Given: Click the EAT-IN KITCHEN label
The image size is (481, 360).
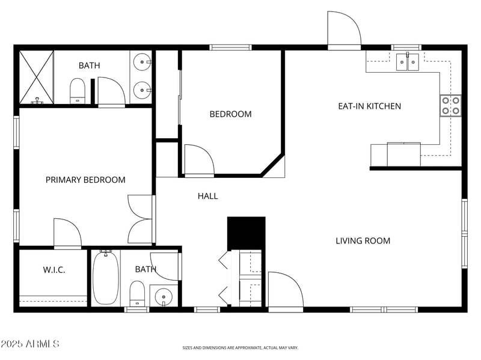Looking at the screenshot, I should (x=369, y=106).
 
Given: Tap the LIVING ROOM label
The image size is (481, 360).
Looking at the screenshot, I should (x=363, y=241).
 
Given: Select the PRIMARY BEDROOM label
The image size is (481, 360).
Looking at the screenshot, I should (x=85, y=180).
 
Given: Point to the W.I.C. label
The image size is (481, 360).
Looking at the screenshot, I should (x=54, y=270).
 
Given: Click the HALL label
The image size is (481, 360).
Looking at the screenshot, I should (x=207, y=196).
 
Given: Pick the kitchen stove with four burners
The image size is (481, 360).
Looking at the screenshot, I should (x=451, y=106).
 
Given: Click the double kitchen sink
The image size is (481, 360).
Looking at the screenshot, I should (x=408, y=62).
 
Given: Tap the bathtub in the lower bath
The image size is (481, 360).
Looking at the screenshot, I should (x=106, y=277).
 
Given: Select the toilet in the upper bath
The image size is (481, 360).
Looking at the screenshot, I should (x=78, y=91).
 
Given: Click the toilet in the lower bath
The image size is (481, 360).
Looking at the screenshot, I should (x=137, y=293).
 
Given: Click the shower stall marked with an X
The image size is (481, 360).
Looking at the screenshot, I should (x=37, y=77).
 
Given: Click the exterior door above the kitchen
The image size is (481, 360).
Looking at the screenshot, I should (x=343, y=29).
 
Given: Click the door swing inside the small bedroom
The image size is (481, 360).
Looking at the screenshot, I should (x=198, y=159).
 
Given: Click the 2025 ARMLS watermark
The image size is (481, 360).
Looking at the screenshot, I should (x=29, y=344).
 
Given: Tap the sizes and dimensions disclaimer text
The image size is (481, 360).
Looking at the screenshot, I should (x=240, y=347).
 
